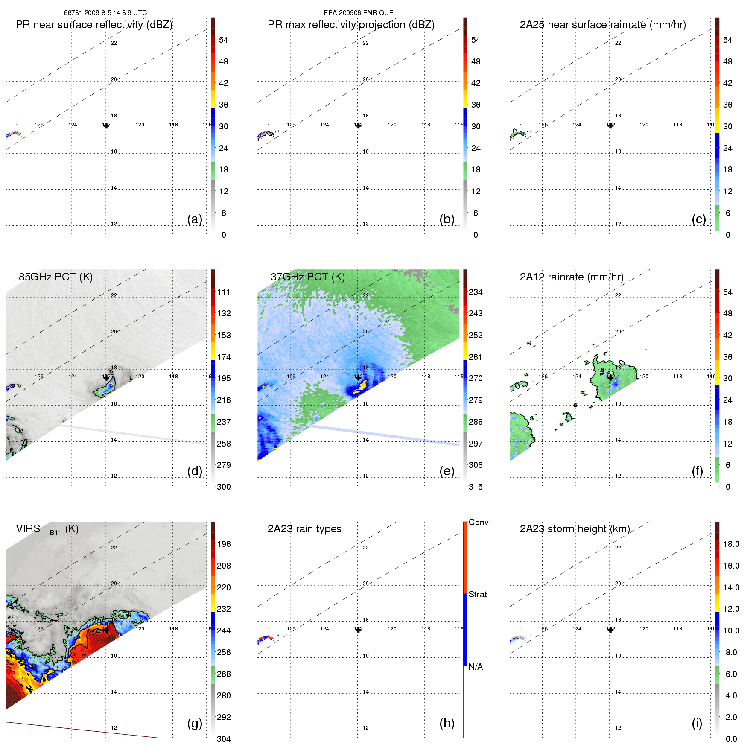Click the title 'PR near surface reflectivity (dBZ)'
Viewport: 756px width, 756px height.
coord(94,25)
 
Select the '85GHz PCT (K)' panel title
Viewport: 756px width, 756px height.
coord(55,277)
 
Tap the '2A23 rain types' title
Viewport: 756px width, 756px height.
coord(304,529)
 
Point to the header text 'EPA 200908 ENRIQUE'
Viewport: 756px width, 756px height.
coord(359,13)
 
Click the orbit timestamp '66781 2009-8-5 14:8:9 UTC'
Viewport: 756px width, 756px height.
coord(105,13)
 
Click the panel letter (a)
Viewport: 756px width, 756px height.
coord(195,219)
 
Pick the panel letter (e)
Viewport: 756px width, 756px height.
coord(447,471)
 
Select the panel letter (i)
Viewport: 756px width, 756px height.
coord(697,723)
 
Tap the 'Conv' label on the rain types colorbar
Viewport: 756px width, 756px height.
coord(479,522)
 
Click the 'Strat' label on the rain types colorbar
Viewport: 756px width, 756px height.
coord(478,594)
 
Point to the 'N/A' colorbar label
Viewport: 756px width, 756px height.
coord(476,667)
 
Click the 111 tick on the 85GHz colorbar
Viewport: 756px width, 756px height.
coord(224,292)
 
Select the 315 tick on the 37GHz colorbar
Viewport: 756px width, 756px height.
coord(476,487)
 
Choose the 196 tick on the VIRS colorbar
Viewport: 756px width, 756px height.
coord(224,544)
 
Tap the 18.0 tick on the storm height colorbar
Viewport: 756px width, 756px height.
coord(731,544)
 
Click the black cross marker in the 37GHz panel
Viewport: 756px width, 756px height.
coord(359,377)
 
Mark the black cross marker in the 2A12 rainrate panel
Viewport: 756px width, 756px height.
coord(610,377)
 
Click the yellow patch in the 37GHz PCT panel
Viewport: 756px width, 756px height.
coord(362,385)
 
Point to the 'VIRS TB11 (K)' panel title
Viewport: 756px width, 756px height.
coord(47,529)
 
